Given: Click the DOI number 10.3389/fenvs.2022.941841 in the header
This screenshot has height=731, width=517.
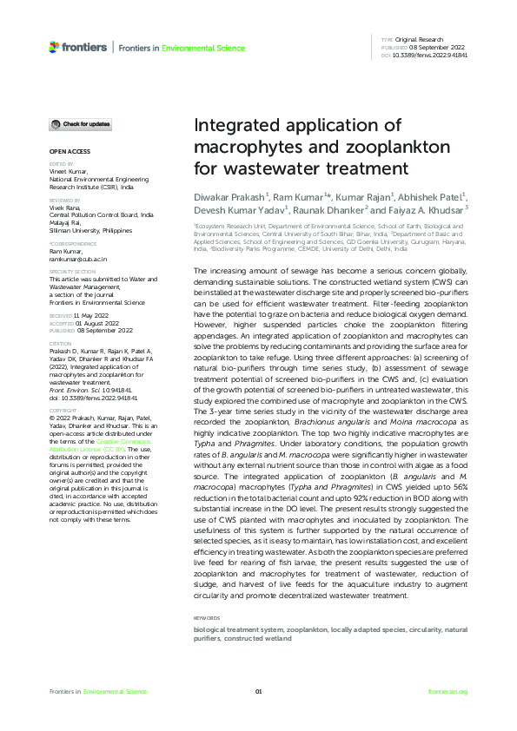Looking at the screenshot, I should click(x=430, y=55).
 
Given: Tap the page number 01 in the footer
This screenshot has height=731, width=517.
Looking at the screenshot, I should click(x=258, y=691).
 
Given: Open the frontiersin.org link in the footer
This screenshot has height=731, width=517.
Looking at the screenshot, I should click(x=447, y=691).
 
